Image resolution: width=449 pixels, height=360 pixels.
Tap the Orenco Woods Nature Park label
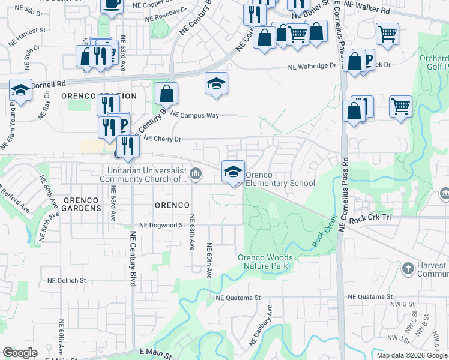[x=265, y=262]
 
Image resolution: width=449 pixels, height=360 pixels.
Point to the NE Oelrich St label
[x=67, y=280]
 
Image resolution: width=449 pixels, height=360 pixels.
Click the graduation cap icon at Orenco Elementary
[x=233, y=172]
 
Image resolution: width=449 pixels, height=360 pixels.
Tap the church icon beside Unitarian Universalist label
[x=196, y=175]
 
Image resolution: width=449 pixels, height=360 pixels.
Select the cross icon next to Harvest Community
[x=408, y=268]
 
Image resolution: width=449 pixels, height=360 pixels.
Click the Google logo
[x=20, y=353]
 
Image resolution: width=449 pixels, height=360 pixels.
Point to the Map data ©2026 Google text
[x=412, y=355]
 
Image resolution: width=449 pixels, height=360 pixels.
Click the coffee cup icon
[x=112, y=4]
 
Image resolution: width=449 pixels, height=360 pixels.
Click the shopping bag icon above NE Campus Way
[x=166, y=94]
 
